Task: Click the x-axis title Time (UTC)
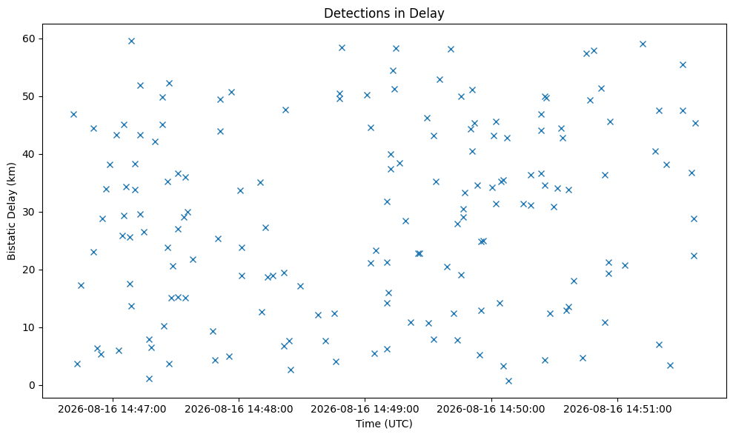tap(384, 424)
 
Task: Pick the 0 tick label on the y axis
tap(33, 386)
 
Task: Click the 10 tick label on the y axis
tap(29, 327)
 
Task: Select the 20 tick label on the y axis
tap(29, 270)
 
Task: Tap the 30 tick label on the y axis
tap(29, 212)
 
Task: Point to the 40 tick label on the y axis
tap(29, 154)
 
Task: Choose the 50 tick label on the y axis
tap(29, 97)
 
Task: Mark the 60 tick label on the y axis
tap(29, 39)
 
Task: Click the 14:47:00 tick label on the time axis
tap(112, 410)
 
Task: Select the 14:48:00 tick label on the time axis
tap(239, 410)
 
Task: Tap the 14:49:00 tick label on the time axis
tap(365, 410)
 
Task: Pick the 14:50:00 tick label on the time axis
tap(491, 410)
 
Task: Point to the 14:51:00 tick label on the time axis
tap(617, 410)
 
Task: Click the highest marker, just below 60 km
tap(131, 41)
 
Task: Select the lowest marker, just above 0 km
tap(508, 381)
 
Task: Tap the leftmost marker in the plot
tap(73, 115)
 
